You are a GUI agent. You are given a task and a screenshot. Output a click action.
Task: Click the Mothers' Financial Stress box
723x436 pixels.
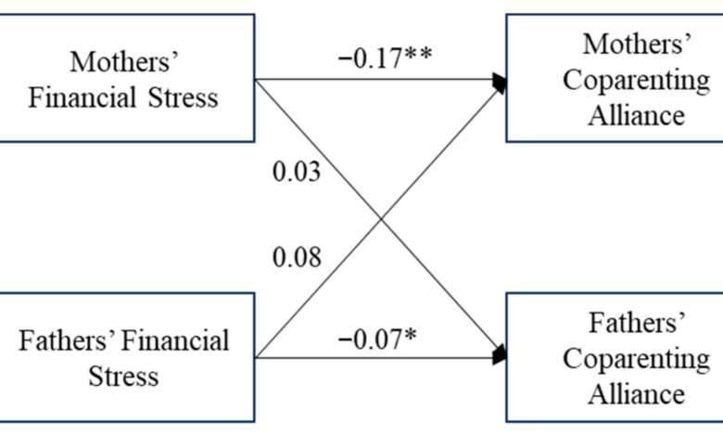127,78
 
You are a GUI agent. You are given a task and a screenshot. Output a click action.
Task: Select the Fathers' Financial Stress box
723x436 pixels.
127,357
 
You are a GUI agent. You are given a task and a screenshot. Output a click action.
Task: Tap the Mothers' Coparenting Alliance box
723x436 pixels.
615,78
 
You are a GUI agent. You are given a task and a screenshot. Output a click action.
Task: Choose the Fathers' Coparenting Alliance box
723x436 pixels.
615,357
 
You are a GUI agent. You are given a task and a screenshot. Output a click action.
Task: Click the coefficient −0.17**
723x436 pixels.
385,58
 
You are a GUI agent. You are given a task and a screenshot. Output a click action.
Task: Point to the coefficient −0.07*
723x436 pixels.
377,340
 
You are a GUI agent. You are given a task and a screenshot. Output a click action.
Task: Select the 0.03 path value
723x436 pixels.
297,172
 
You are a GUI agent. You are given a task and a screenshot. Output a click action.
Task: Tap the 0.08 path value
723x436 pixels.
297,257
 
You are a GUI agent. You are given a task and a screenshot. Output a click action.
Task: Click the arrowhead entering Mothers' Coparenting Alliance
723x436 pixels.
499,83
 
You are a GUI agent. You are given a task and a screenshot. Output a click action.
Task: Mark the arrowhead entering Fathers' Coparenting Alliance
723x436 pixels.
499,354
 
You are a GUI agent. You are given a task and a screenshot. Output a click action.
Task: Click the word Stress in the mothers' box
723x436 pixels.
183,97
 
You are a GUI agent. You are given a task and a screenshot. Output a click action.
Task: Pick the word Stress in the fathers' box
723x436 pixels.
123,376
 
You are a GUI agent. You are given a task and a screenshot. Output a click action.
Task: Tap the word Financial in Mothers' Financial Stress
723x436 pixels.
82,97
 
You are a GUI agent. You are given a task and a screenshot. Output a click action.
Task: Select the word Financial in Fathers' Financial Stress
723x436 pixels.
176,340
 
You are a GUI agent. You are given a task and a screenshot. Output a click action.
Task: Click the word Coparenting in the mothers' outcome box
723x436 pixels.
636,81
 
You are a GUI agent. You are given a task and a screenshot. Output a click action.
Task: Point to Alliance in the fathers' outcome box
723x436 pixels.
636,393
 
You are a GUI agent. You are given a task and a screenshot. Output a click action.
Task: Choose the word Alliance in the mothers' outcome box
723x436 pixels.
636,115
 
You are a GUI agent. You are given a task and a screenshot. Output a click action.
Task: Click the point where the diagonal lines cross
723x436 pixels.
381,219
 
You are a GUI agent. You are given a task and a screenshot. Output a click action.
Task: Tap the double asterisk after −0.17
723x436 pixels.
419,55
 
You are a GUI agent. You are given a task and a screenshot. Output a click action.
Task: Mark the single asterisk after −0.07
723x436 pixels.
411,336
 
